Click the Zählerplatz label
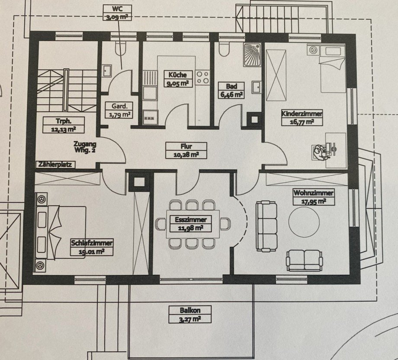tap(55, 164)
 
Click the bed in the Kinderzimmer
tap(332, 69)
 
